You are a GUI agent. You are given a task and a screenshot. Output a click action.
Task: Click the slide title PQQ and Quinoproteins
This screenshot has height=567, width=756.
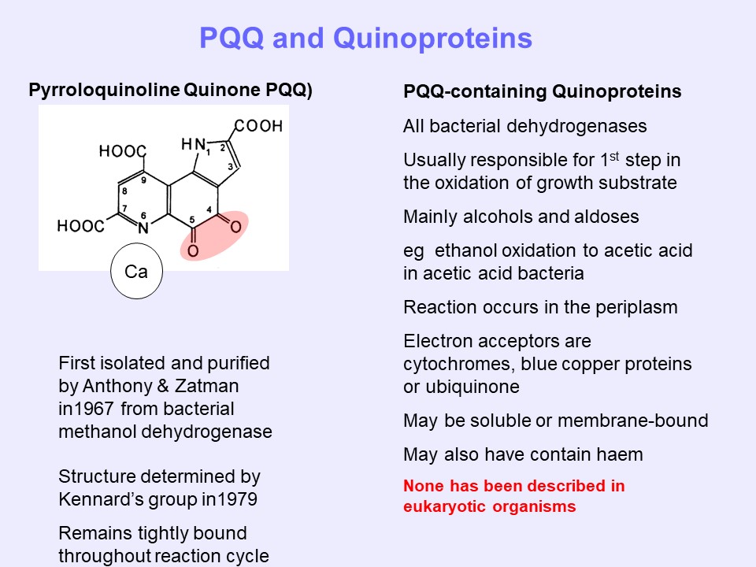click(x=365, y=38)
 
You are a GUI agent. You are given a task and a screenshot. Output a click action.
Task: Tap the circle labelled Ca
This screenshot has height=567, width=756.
click(x=136, y=272)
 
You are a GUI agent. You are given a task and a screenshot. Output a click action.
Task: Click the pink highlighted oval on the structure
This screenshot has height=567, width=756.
click(x=215, y=235)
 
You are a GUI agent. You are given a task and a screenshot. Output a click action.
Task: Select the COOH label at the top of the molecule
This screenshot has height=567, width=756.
click(x=258, y=126)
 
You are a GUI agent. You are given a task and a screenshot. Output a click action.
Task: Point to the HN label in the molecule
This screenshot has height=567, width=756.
click(x=193, y=144)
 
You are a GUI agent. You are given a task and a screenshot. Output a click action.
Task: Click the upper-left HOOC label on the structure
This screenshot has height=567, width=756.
click(x=122, y=152)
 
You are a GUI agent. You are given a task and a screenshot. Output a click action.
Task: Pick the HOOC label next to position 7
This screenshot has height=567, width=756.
click(x=80, y=227)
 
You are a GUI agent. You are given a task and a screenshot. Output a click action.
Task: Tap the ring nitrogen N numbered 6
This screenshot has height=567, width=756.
click(x=143, y=229)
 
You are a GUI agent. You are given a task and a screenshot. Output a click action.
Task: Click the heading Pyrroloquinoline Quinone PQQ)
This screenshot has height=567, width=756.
click(x=170, y=90)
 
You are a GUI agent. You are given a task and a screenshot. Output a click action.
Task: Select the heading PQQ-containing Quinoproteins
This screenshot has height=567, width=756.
click(x=542, y=92)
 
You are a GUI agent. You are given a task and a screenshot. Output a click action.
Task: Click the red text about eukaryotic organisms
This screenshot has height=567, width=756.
click(x=514, y=496)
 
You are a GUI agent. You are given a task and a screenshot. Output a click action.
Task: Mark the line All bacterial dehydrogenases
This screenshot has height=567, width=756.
click(x=514, y=126)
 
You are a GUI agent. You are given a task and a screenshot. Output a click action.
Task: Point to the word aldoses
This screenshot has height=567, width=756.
click(x=607, y=217)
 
